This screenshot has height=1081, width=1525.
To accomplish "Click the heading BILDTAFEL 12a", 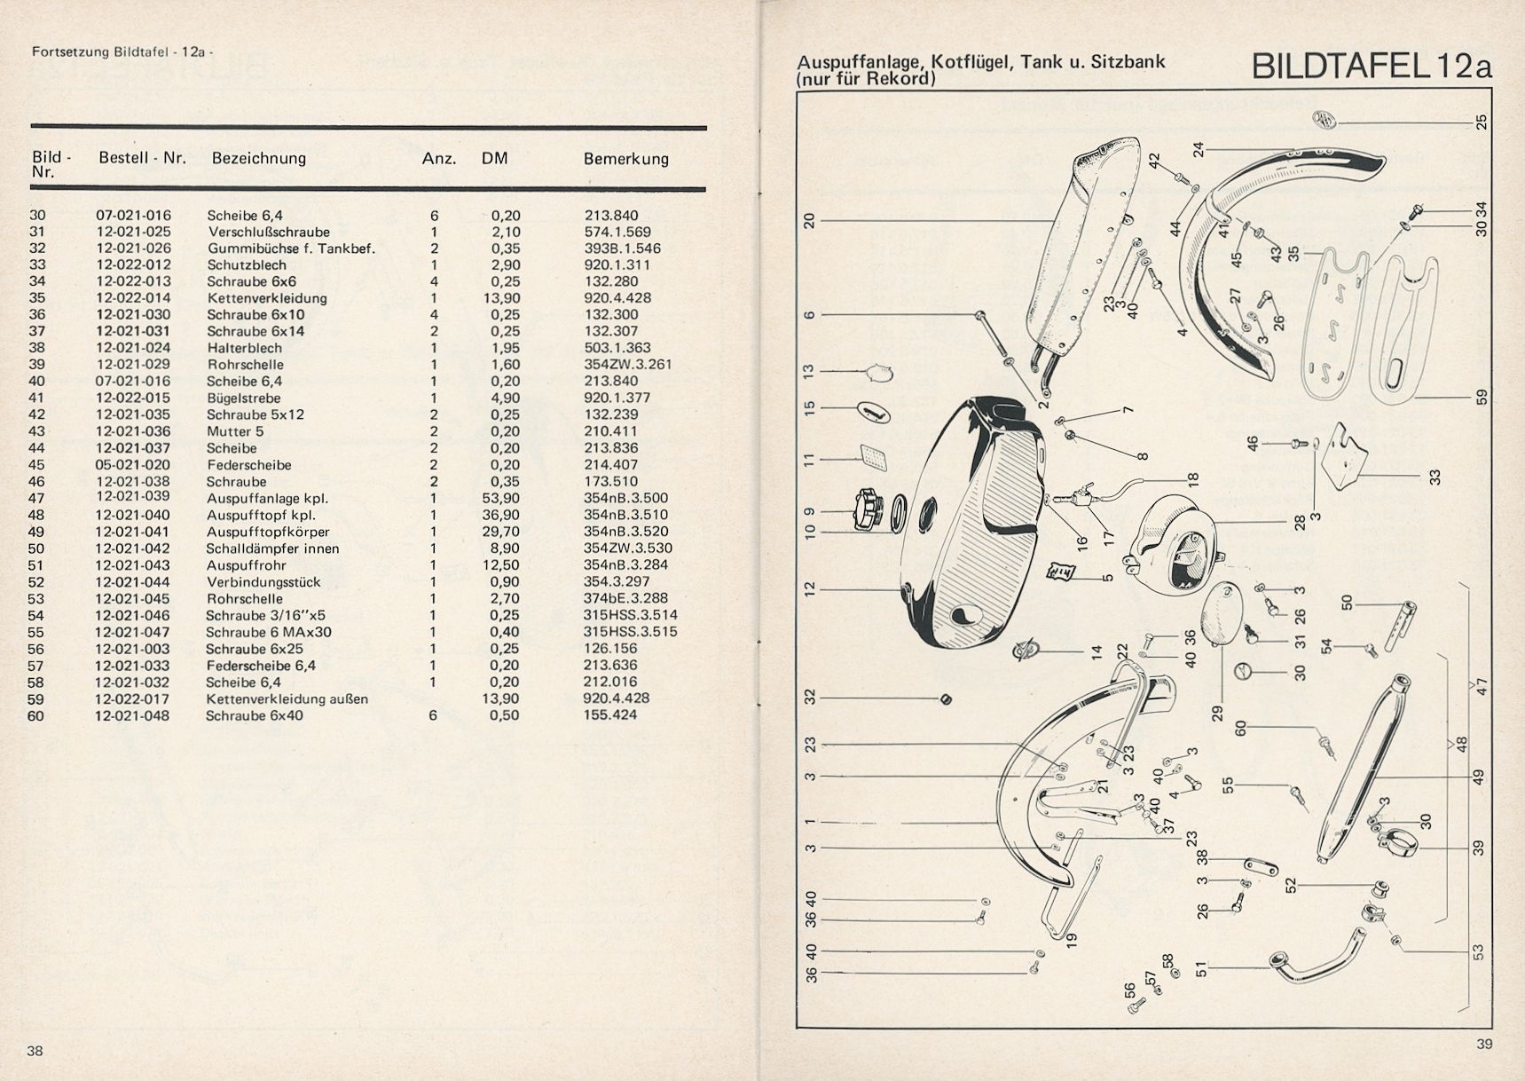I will tap(1372, 67).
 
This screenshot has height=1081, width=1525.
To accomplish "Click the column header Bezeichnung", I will tap(258, 159).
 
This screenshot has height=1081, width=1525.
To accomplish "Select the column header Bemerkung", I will tap(625, 160).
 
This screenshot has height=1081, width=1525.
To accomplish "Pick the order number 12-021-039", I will tap(133, 498).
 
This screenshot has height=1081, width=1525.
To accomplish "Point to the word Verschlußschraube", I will tap(268, 233).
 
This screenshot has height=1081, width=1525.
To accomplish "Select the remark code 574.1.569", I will tap(617, 233).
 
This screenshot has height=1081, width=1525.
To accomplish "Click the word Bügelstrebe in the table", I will tap(243, 398).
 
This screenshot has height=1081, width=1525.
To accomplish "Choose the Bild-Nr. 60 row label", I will tap(35, 715).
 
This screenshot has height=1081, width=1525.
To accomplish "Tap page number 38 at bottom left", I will tap(35, 1052).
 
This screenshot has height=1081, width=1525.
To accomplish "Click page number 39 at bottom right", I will tap(1484, 1045).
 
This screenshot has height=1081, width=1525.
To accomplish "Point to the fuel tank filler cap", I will tap(866, 509).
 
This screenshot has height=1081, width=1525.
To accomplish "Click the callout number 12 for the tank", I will tap(808, 588).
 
